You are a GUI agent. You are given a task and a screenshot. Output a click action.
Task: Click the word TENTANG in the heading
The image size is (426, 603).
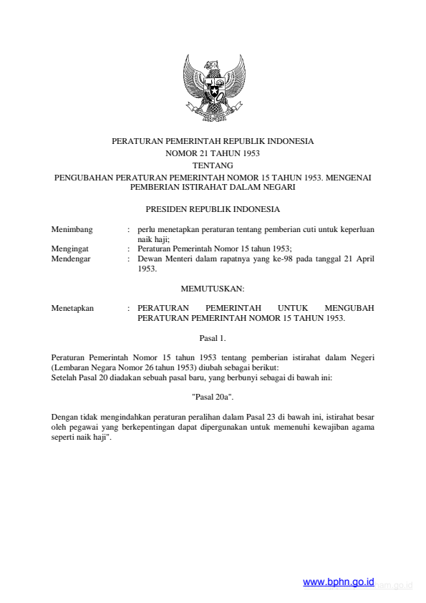[x=213, y=165]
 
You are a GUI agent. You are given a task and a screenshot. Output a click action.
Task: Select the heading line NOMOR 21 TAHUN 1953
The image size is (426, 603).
[x=213, y=153]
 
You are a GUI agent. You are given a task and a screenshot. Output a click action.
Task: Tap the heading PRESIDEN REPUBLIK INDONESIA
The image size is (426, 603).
[x=213, y=210]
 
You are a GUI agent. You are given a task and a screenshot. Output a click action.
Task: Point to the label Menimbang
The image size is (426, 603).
[x=72, y=229]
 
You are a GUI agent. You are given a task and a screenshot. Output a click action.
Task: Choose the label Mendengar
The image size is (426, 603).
[x=72, y=259]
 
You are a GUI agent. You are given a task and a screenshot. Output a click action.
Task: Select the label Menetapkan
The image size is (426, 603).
[x=72, y=308]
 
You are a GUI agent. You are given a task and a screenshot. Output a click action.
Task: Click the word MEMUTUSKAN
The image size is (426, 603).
[x=213, y=289]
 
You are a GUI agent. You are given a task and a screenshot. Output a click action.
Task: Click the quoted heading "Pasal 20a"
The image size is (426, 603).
[x=213, y=395]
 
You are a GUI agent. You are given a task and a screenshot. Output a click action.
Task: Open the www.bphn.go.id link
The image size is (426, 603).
[x=339, y=583]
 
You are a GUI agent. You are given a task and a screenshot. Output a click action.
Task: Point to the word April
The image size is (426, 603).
[x=364, y=259]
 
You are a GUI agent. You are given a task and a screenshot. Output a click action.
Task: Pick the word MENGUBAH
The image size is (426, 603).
[x=349, y=308]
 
